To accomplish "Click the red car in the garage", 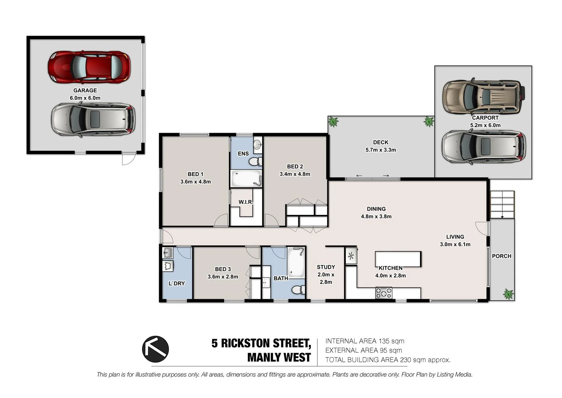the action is coord(89,67).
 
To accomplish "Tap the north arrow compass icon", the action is coord(155,349).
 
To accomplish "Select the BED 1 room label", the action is coord(195,174).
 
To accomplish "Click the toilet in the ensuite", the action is coord(255,161).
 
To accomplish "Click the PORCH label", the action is coord(502,256).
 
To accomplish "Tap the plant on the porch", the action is coord(508,294).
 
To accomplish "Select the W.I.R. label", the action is coord(246,202).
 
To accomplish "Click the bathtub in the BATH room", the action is coord(296,262).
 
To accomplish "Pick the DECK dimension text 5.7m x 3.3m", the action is coord(381,150).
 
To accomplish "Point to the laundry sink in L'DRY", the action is coord(168,253).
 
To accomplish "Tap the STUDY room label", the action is coord(326,267).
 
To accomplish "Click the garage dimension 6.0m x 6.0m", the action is coord(85,98).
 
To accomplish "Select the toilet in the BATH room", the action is coord(298,290).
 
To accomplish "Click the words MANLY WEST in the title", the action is coord(279,357).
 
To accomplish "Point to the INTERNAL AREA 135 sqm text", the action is coord(365,341).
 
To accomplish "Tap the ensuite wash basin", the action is coord(257,144).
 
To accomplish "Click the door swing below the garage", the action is coord(129,158).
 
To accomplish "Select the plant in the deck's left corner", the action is coord(333,122).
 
